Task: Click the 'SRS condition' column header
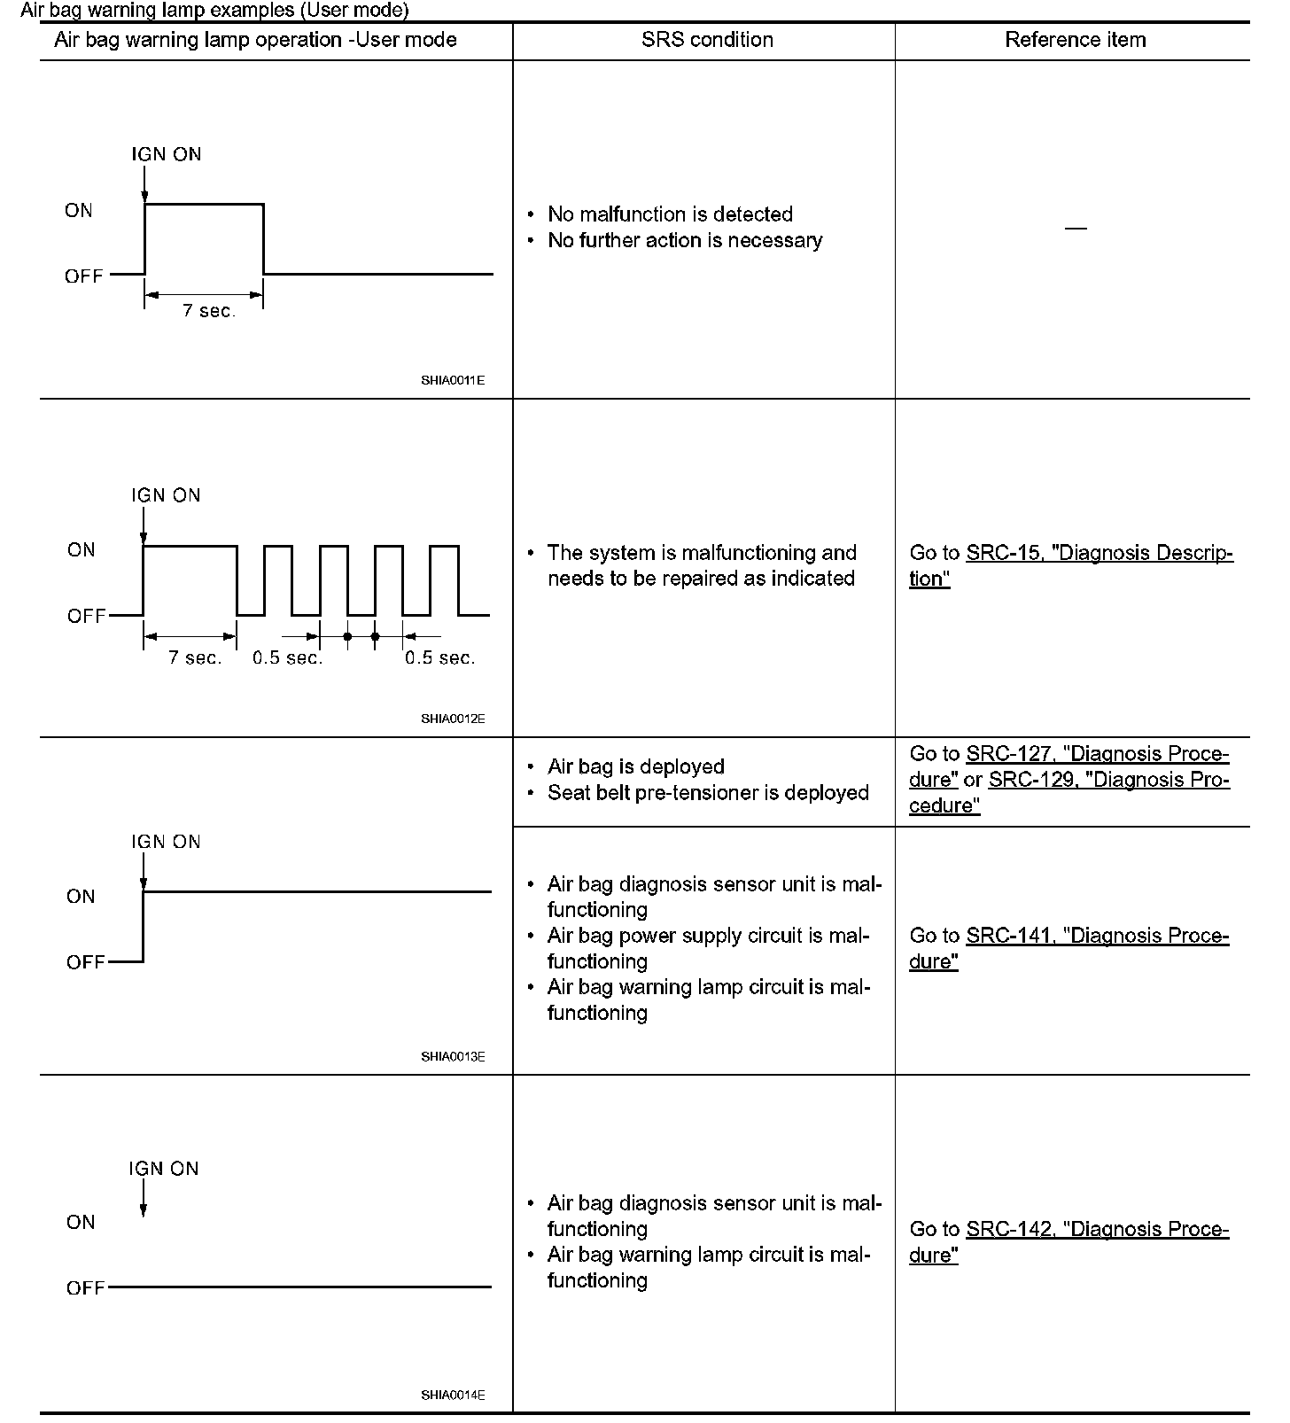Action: pos(706,40)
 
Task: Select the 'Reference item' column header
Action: pos(1075,40)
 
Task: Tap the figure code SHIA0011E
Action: pos(453,380)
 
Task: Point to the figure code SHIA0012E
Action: pos(453,719)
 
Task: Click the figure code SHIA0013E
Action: pos(453,1056)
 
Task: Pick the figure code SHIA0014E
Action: pos(453,1395)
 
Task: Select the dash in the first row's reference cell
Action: pos(1075,229)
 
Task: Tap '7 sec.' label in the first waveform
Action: pos(209,311)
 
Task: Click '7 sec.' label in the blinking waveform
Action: pos(195,658)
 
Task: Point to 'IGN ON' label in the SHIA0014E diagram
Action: pos(164,1169)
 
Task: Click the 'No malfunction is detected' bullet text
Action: pos(670,214)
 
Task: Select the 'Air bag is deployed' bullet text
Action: pos(635,767)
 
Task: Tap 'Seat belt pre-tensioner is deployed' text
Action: pos(708,793)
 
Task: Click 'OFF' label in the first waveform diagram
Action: pos(84,276)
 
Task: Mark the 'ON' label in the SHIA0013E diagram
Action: pos(81,897)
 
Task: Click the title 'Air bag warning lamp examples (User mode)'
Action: pos(214,11)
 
